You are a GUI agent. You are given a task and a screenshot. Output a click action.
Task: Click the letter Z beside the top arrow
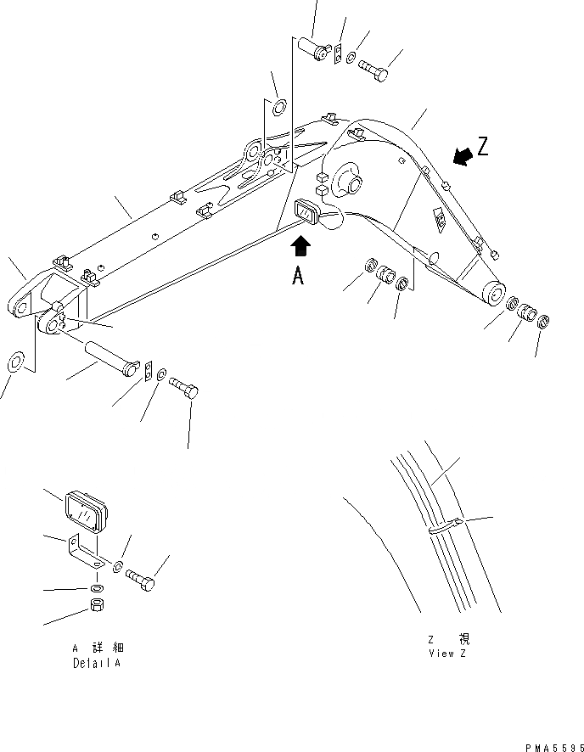point(483,147)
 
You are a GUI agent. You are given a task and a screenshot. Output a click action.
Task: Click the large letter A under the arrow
point(297,276)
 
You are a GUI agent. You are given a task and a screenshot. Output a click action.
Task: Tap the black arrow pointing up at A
point(300,247)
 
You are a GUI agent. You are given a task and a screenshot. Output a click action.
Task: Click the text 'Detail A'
point(96,663)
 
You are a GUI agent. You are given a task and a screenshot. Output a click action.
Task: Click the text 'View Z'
point(447,653)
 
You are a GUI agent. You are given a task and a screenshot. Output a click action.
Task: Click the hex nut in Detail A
point(97,607)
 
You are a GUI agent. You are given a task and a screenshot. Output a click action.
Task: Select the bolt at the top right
point(373,70)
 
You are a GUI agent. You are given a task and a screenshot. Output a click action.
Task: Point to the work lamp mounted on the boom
point(308,214)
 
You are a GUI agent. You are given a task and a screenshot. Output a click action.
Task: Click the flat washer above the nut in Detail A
point(97,588)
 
